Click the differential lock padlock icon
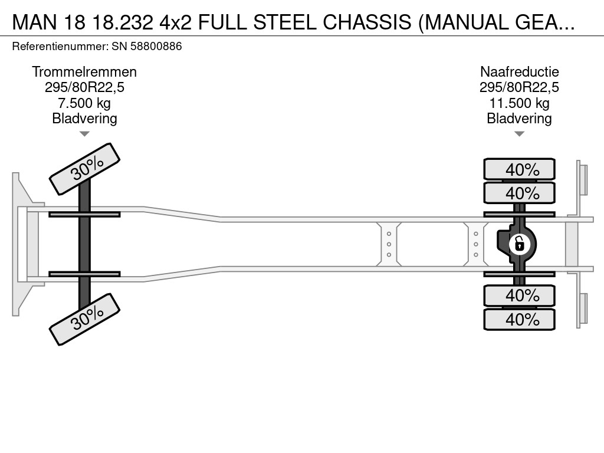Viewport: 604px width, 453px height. click(519, 243)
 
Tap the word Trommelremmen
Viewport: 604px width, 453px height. click(84, 72)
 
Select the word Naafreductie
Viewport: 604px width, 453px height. click(519, 72)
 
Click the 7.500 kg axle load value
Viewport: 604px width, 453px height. click(84, 103)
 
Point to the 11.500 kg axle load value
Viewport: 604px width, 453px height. click(519, 103)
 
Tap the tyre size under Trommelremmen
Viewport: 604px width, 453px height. click(84, 88)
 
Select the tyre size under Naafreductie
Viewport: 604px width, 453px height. click(519, 88)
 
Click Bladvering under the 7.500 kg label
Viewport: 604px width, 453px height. click(84, 119)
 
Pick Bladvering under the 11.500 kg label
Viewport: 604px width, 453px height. click(519, 119)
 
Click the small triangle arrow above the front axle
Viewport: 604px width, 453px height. click(84, 134)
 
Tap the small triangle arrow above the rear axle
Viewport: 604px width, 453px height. click(519, 134)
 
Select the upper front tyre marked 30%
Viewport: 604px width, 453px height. click(84, 169)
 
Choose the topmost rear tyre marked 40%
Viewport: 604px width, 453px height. click(519, 169)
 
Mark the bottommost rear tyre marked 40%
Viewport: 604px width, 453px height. click(519, 319)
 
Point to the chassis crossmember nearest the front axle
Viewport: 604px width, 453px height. click(389, 243)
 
